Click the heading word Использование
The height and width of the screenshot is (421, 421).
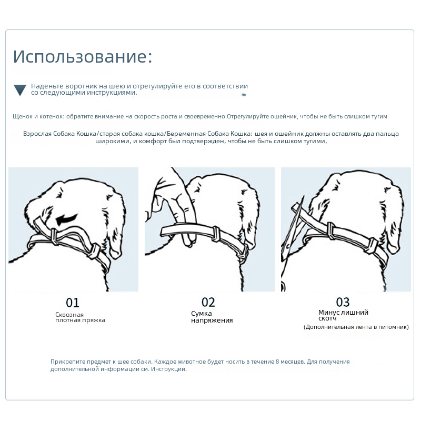pyautogui.click(x=82, y=57)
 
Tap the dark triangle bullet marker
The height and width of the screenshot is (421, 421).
pyautogui.click(x=20, y=90)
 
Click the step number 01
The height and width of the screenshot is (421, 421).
pyautogui.click(x=73, y=303)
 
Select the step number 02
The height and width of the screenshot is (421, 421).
pyautogui.click(x=208, y=302)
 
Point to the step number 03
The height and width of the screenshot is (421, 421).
pyautogui.click(x=343, y=302)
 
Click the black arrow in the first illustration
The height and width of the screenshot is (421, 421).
pyautogui.click(x=68, y=217)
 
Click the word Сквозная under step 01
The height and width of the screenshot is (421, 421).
pyautogui.click(x=69, y=314)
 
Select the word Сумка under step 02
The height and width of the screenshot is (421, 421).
pyautogui.click(x=202, y=314)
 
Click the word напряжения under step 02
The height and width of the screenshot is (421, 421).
pyautogui.click(x=212, y=320)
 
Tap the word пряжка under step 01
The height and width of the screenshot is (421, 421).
pyautogui.click(x=93, y=320)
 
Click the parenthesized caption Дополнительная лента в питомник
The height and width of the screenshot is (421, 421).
pyautogui.click(x=356, y=327)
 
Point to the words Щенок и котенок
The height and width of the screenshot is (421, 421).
pyautogui.click(x=35, y=116)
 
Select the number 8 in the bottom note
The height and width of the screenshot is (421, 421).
pyautogui.click(x=277, y=362)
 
